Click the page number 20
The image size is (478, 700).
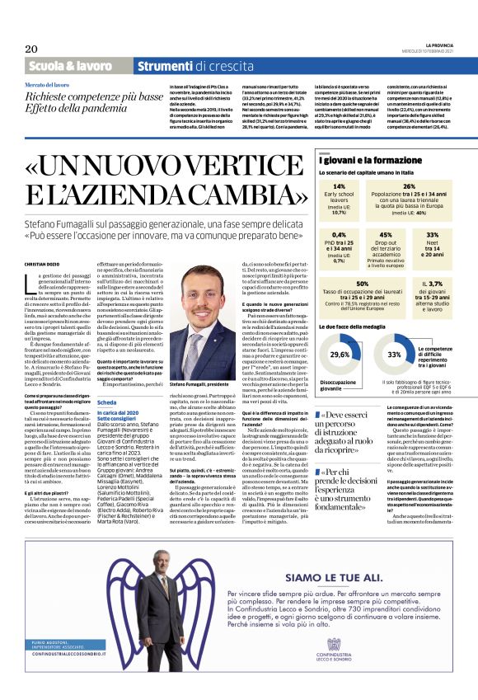click(32, 49)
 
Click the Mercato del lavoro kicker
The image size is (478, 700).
click(47, 85)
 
